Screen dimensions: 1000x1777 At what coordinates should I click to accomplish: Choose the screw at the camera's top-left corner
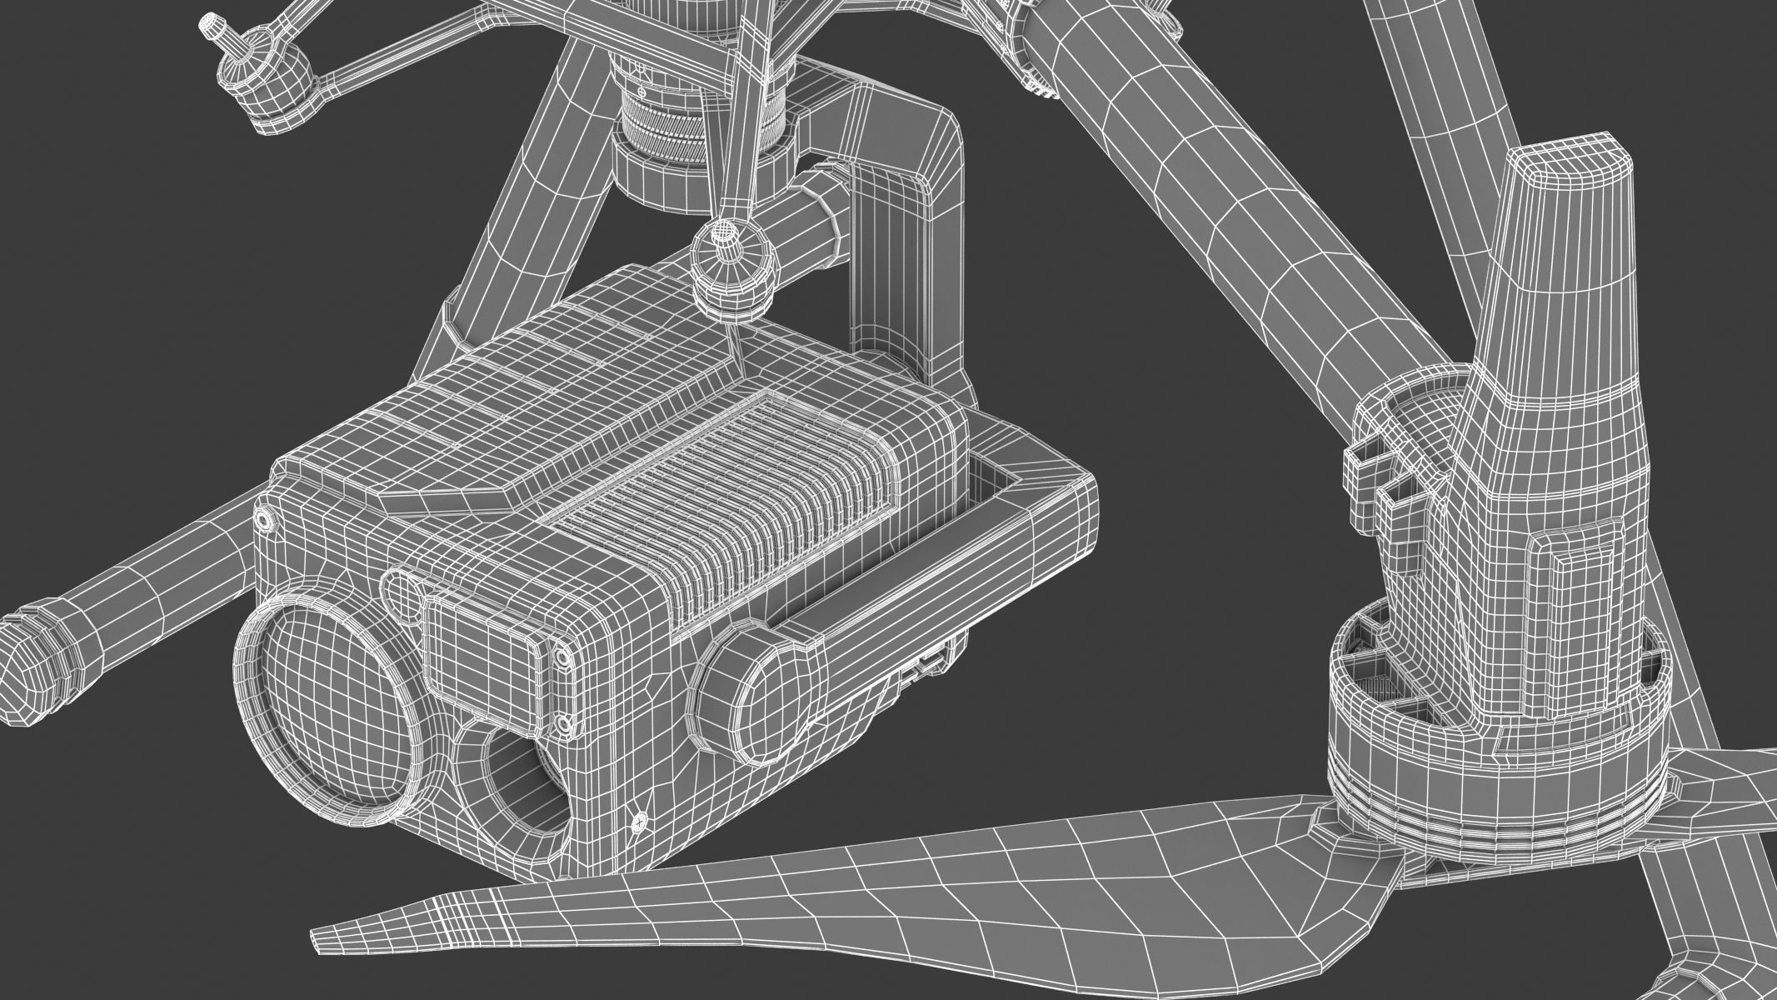pos(264,519)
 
